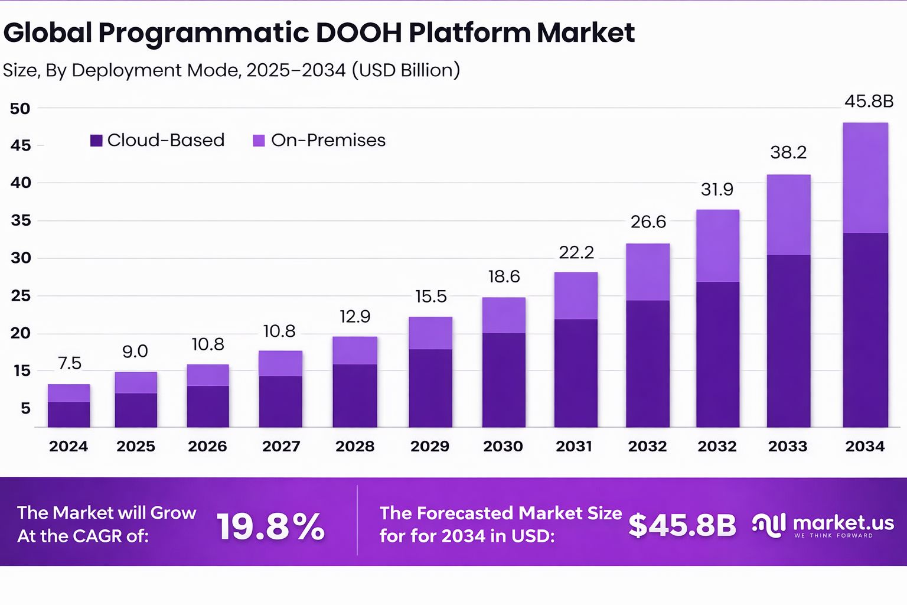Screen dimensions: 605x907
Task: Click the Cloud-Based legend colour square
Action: click(x=96, y=141)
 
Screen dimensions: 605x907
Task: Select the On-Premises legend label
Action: click(x=328, y=141)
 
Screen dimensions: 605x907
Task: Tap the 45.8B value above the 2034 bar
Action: click(x=869, y=102)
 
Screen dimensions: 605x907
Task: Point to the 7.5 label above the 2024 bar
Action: click(x=69, y=363)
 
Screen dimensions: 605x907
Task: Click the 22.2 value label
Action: click(x=576, y=253)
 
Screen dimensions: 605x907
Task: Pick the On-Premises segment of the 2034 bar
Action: click(x=865, y=177)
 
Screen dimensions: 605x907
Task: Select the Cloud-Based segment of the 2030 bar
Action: click(x=504, y=380)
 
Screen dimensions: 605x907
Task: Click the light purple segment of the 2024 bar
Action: click(x=69, y=393)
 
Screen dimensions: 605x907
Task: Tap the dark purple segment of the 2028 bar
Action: click(x=355, y=395)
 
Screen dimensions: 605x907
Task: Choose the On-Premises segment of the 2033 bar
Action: click(x=788, y=214)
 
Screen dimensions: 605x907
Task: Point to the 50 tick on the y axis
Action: click(x=20, y=109)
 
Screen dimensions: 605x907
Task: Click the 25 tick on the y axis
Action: click(x=20, y=296)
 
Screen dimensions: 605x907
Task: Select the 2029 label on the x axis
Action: click(x=430, y=447)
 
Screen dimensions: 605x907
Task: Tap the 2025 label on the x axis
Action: click(x=136, y=447)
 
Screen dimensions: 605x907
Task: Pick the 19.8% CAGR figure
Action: click(x=270, y=526)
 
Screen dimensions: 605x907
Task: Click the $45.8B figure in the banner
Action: click(x=682, y=525)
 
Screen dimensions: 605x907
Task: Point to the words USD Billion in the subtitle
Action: click(x=405, y=70)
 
